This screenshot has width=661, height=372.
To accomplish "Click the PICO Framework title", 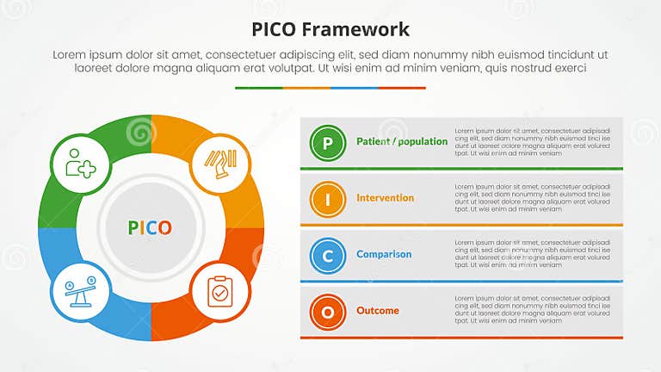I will click(330, 29).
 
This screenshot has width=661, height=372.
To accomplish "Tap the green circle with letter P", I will click(327, 143).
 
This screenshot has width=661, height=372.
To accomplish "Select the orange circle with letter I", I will click(327, 200).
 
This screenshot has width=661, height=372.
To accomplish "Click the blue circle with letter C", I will click(327, 256).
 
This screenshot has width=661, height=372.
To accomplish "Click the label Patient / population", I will click(402, 141).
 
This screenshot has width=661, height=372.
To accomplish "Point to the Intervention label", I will click(385, 198).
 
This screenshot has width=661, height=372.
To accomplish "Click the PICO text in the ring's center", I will click(150, 227).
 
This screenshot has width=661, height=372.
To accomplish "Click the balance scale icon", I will click(80, 291).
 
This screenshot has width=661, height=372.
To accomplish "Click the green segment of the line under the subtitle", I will click(258, 88).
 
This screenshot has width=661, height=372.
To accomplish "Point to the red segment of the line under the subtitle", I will click(402, 88).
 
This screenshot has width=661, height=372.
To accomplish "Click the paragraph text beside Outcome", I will click(532, 311).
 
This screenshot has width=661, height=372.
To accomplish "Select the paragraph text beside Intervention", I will click(532, 198).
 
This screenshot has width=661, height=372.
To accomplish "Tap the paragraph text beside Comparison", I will click(532, 255).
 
